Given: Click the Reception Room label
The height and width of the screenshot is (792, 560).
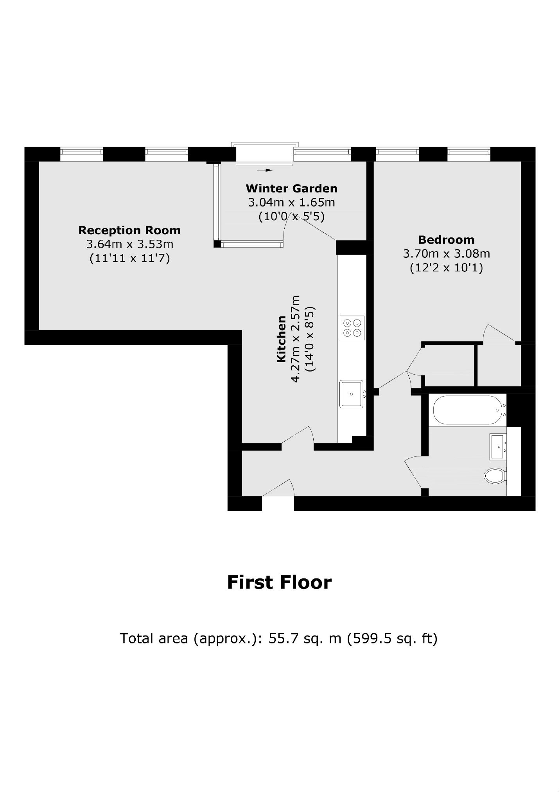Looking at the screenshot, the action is tap(129, 230).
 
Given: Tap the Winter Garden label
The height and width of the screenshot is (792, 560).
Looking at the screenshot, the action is tap(291, 189).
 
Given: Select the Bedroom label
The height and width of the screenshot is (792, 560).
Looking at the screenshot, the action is tap(446, 240).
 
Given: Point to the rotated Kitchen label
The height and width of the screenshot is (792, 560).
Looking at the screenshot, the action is tap(282, 339).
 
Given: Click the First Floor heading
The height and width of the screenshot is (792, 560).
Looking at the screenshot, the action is tap(279, 582).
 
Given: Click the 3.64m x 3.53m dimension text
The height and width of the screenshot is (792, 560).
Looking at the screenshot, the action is tap(129, 244).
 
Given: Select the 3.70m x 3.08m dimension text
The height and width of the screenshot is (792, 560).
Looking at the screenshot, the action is tap(446, 254).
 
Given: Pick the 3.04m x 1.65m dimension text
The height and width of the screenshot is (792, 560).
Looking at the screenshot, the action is tap(291, 203).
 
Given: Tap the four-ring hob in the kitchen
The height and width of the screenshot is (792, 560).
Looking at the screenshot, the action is tap(352, 328).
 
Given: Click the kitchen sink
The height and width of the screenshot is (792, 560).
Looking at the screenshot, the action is tap(352, 394).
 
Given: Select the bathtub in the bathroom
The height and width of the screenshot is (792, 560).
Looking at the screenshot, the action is tap(468, 410).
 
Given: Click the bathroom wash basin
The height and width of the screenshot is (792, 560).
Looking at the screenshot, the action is tap(498, 446).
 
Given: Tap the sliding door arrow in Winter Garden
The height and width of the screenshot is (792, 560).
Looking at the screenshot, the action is tap(265, 171).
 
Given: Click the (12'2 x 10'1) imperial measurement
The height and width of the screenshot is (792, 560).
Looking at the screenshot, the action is tap(446, 268).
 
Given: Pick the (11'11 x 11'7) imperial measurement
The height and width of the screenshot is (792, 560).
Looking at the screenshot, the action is tap(129, 259).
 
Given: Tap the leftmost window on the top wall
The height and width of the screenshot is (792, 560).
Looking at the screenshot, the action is tap(82, 154).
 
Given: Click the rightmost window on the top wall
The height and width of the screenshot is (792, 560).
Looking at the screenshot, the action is tap(469, 154).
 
